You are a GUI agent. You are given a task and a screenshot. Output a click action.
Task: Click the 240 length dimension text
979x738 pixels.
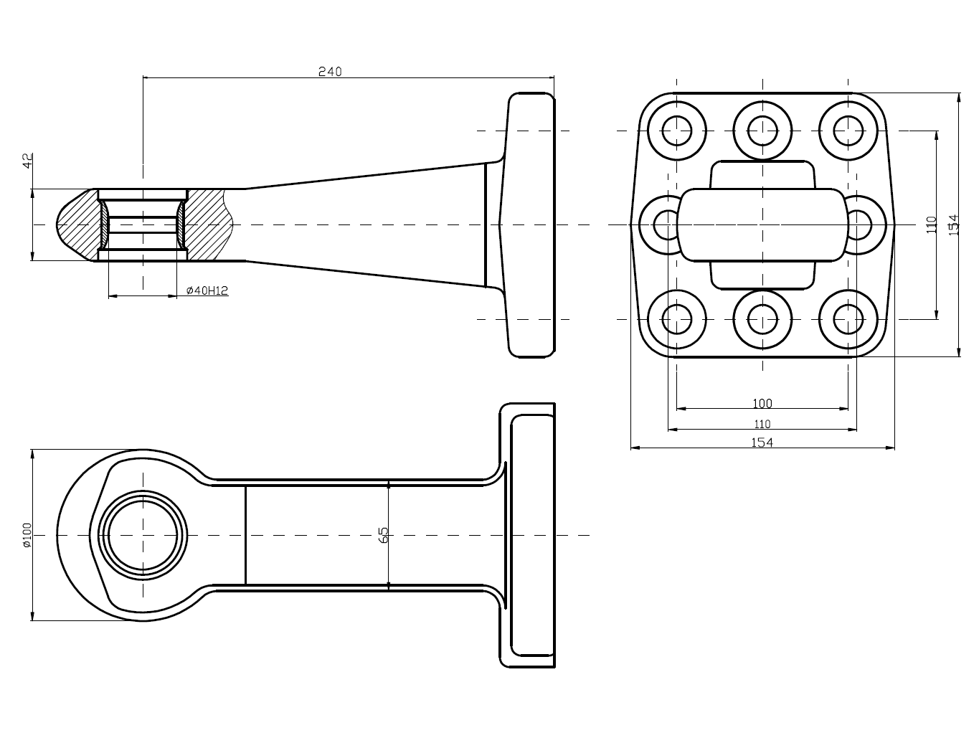pyautogui.click(x=330, y=71)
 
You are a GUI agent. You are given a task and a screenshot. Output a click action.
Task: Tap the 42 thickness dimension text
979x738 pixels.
pyautogui.click(x=28, y=161)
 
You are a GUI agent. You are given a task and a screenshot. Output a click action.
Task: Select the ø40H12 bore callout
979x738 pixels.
pyautogui.click(x=207, y=290)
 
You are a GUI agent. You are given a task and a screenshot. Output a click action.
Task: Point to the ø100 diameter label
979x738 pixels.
pyautogui.click(x=27, y=534)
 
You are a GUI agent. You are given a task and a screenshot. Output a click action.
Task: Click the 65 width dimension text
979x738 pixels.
pyautogui.click(x=383, y=534)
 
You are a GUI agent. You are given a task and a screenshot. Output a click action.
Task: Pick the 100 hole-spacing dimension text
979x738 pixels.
pyautogui.click(x=762, y=404)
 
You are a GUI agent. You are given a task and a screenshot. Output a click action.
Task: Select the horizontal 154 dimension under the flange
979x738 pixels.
pyautogui.click(x=762, y=443)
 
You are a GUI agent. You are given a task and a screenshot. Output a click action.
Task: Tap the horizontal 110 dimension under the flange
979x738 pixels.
pyautogui.click(x=762, y=424)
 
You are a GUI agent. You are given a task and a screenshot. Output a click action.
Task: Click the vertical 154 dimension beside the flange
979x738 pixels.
pyautogui.click(x=953, y=224)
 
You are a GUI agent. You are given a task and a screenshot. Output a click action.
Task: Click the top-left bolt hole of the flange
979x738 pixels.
pyautogui.click(x=676, y=131)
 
